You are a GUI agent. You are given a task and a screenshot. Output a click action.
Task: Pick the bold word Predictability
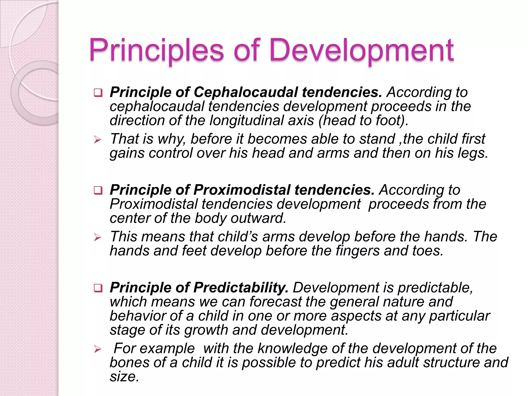[x=241, y=288]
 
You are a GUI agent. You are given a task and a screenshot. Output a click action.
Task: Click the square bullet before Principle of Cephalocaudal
[x=98, y=93]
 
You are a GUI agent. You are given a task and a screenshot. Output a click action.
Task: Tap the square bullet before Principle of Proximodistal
[x=98, y=191]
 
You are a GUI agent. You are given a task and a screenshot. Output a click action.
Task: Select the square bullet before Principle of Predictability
[x=98, y=288]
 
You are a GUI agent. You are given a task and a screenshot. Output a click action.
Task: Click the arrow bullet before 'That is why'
[x=98, y=140]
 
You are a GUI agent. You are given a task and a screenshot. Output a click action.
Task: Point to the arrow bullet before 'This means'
[x=98, y=237]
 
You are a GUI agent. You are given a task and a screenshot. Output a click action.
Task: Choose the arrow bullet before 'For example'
[x=98, y=349]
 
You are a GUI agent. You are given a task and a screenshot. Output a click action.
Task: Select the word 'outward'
[x=258, y=218]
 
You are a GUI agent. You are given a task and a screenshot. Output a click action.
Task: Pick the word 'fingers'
[x=357, y=251]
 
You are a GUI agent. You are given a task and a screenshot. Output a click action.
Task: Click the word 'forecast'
[x=276, y=302]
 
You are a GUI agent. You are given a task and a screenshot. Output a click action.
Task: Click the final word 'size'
[x=124, y=377]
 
